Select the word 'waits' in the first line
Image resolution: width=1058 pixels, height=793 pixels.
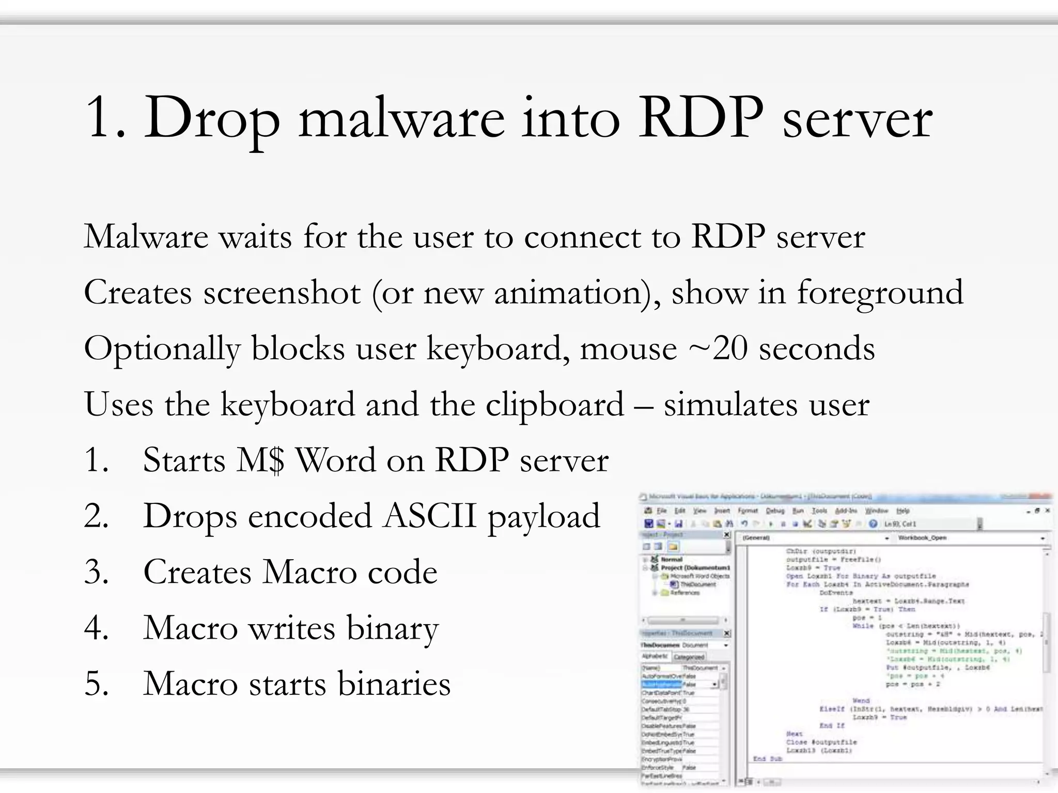coord(255,237)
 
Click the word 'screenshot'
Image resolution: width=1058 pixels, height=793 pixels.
coord(282,293)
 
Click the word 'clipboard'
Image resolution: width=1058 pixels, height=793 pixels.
coord(554,405)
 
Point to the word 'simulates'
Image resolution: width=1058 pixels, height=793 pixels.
coord(730,405)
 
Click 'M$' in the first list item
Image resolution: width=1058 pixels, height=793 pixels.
coord(260,460)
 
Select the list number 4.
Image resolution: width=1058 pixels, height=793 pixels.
coord(96,628)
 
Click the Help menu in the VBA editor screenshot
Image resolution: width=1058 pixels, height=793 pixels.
coord(903,511)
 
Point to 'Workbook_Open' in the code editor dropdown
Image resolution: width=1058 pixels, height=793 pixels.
coord(922,538)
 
